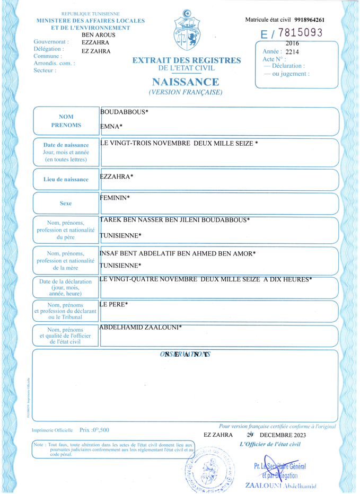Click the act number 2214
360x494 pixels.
(x=292, y=52)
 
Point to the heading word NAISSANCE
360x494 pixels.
(x=185, y=82)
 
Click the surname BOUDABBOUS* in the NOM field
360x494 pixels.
(x=124, y=112)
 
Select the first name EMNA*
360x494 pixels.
(x=111, y=127)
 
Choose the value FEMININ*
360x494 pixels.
(x=115, y=198)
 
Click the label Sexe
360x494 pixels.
(x=66, y=203)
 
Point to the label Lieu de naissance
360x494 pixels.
(x=66, y=179)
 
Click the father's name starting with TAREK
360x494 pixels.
(x=175, y=219)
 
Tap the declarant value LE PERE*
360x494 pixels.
(x=114, y=304)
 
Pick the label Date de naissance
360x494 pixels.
(x=66, y=145)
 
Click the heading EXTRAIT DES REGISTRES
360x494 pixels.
(x=187, y=60)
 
